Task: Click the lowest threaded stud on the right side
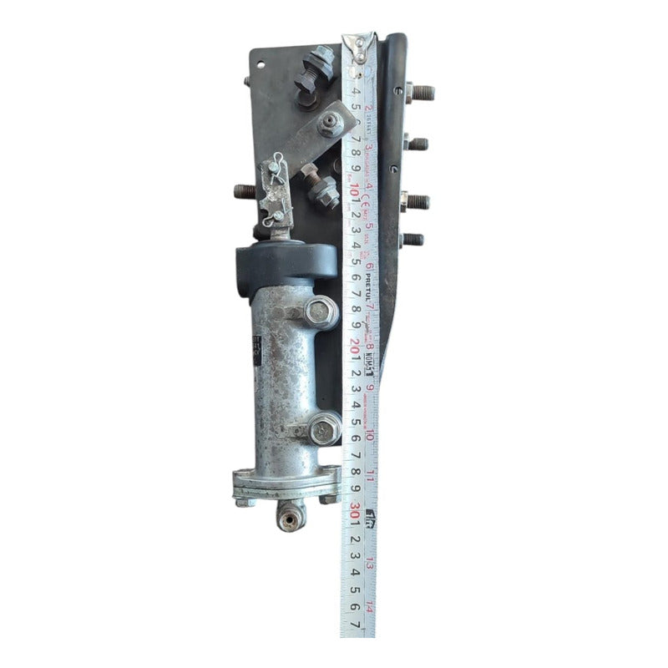(412, 240)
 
